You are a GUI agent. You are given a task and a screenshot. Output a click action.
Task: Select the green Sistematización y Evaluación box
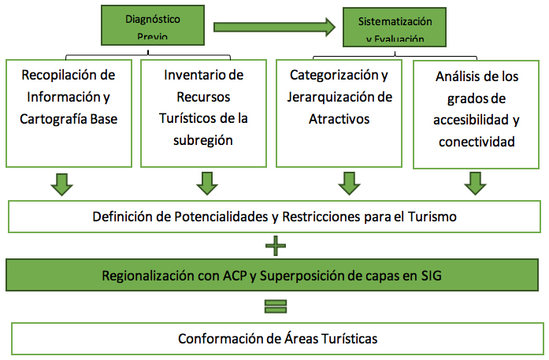coord(395,28)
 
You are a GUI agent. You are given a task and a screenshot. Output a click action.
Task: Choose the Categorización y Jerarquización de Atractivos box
coord(339,113)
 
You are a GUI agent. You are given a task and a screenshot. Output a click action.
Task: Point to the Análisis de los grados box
coord(478,114)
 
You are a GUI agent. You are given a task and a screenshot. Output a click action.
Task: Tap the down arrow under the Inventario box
coord(206,183)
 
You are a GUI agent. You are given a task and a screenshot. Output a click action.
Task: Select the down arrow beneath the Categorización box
coord(347,183)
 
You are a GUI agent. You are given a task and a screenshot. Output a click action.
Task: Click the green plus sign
coord(275,246)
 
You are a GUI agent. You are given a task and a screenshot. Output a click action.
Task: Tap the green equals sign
coord(275,306)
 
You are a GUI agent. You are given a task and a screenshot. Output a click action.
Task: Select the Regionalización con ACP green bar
coord(274,276)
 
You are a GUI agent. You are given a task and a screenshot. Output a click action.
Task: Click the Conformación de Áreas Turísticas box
coord(274,339)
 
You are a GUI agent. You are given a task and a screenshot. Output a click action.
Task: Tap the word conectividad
coord(477,143)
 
